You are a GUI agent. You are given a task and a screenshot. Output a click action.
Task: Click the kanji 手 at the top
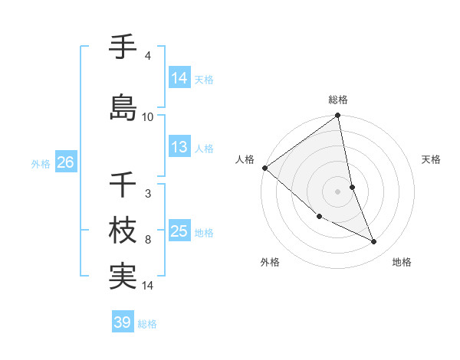pos(123,47)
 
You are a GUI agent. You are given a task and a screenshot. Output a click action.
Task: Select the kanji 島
pos(123,106)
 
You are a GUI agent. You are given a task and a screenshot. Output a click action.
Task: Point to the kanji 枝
pos(123,230)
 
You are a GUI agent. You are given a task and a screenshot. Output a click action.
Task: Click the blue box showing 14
pos(179,77)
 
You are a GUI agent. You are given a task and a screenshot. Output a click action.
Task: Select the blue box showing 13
pos(179,147)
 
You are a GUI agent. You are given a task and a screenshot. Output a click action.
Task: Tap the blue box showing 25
pos(179,231)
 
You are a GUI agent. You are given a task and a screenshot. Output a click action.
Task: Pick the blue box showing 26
pos(66,162)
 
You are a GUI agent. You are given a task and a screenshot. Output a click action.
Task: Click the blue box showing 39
pos(123,322)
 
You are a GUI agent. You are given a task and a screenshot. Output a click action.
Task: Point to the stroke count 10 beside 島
pos(148,116)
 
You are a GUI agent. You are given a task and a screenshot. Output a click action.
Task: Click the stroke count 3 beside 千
pos(147,193)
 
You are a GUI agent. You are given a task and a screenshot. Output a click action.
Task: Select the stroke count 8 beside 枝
pos(147,240)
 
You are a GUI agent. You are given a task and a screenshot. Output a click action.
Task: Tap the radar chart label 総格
pos(338,100)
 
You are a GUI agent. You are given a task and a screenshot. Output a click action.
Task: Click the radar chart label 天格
pos(432,159)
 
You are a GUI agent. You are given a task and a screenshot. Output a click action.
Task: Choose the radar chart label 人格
pos(245,159)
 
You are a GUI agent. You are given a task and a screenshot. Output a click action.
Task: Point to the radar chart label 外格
pos(270,262)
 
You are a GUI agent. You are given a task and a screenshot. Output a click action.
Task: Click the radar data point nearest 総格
pos(338,116)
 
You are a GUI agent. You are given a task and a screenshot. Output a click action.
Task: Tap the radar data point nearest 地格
pos(374,242)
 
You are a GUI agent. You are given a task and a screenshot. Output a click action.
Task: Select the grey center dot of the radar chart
pos(338,191)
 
